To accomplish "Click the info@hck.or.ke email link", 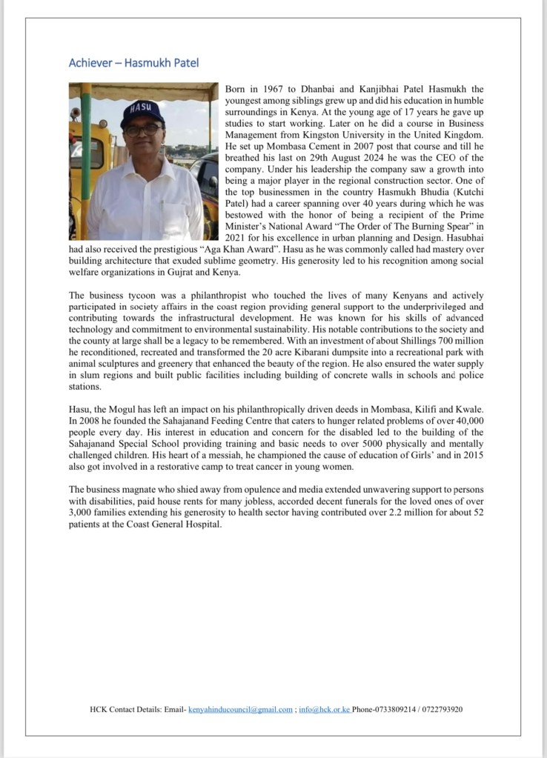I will (324, 710).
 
